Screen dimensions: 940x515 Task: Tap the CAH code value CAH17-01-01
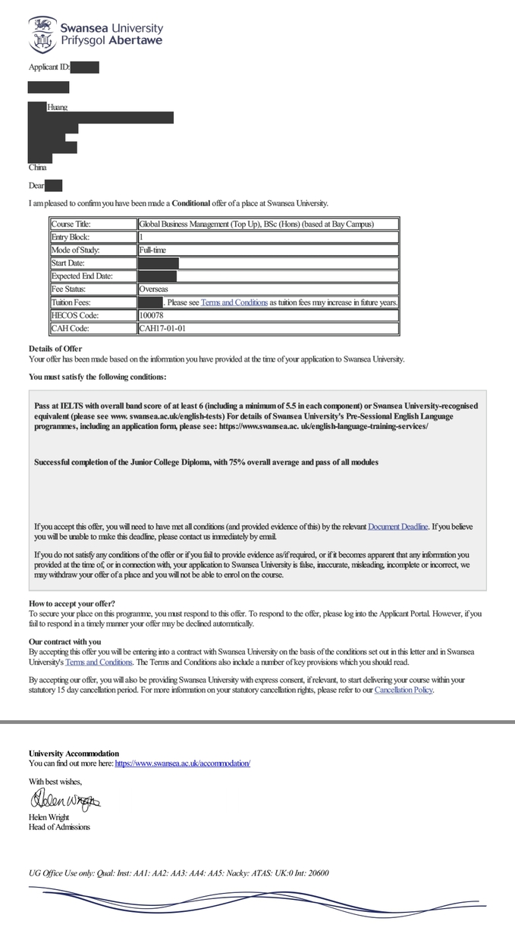point(162,328)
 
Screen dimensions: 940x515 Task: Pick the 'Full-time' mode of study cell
point(153,250)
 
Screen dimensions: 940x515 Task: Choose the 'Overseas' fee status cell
point(153,289)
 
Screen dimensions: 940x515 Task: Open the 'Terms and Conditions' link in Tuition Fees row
point(234,302)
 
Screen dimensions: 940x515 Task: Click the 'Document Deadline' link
point(398,526)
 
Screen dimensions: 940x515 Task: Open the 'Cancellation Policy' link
point(404,690)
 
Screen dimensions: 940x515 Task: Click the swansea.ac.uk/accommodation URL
point(182,763)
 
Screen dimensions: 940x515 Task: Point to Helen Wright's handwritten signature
point(64,800)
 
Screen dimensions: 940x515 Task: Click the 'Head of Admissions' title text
point(59,826)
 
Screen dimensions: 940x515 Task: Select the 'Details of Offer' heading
point(55,348)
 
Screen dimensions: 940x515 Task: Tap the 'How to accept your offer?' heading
point(72,603)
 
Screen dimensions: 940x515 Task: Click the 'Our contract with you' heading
point(64,641)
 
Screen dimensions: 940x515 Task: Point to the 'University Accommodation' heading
point(74,754)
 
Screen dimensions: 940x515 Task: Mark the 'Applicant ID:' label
point(49,67)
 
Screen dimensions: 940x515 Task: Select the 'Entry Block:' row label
point(70,237)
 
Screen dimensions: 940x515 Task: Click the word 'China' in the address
point(38,167)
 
